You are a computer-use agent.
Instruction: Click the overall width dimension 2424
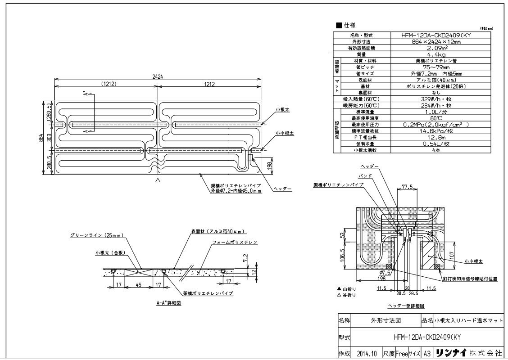point(157,76)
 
